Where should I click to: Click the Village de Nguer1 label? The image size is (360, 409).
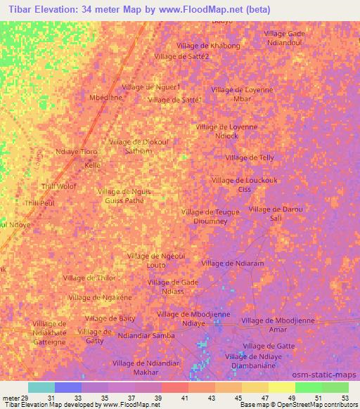pyautogui.click(x=151, y=86)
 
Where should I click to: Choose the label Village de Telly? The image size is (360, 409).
pyautogui.click(x=249, y=158)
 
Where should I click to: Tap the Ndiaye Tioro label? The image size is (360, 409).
pyautogui.click(x=77, y=152)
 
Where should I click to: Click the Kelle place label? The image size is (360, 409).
pyautogui.click(x=93, y=166)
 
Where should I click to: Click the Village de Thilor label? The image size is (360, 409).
pyautogui.click(x=89, y=278)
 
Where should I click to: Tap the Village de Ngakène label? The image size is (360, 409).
pyautogui.click(x=101, y=298)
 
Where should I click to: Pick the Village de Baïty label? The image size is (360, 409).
pyautogui.click(x=110, y=318)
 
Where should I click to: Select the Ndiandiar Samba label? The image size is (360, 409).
pyautogui.click(x=147, y=336)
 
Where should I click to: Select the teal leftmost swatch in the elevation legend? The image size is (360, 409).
pyautogui.click(x=41, y=388)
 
